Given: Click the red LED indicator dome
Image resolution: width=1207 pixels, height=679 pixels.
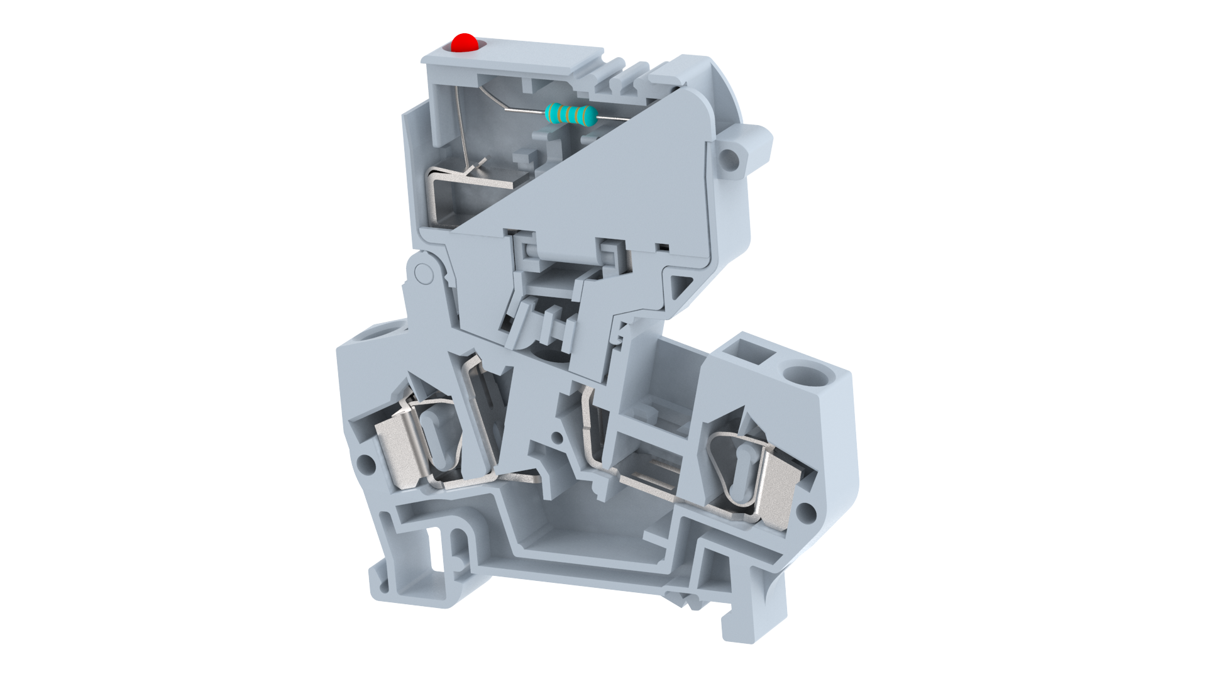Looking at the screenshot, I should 465,43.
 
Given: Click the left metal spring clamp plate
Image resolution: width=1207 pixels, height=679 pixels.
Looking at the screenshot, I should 401,453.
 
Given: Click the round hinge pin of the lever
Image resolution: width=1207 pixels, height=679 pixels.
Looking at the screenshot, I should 424,273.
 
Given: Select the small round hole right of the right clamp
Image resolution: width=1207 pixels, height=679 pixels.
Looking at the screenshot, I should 807,513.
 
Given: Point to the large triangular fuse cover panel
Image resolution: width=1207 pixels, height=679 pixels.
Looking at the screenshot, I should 603,182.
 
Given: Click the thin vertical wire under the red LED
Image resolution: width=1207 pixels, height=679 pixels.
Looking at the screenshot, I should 461,126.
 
